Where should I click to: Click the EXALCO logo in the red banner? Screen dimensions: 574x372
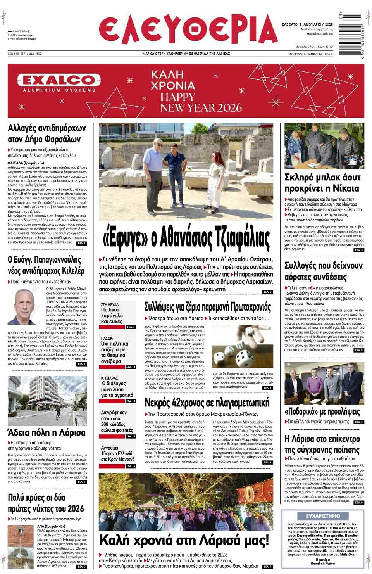coord(59,81)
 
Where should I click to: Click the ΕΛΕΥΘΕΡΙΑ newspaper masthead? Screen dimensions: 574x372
coord(188,30)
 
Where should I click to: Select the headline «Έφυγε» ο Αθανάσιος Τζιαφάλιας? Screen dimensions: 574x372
coord(186,238)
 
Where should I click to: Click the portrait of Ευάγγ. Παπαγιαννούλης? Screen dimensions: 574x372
coord(26,307)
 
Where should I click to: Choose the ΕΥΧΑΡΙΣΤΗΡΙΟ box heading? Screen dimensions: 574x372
coord(322,516)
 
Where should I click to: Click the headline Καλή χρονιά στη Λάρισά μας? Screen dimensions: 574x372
coord(184,540)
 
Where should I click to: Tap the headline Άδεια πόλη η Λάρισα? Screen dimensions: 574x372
coord(46,432)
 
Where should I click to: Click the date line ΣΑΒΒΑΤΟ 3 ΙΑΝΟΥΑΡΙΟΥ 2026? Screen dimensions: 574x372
coord(307,24)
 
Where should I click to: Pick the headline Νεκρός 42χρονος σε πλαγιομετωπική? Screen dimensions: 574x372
coord(207,403)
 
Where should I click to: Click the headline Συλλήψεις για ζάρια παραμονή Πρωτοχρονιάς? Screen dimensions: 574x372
coord(208,307)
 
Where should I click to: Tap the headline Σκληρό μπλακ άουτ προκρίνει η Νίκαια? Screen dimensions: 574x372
coord(322,183)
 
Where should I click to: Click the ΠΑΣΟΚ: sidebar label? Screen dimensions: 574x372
coord(107,338)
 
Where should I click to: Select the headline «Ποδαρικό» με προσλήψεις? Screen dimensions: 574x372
coord(322,411)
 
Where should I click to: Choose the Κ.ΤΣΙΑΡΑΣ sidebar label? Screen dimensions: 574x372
coord(110,378)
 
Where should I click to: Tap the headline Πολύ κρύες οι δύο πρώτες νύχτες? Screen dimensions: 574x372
coord(46,503)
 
